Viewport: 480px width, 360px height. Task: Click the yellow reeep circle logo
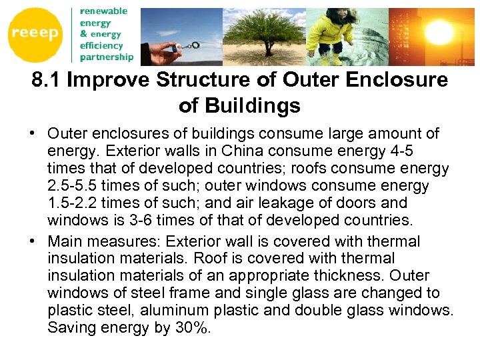click(x=34, y=33)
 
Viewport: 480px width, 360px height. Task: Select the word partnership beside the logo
click(x=107, y=57)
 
